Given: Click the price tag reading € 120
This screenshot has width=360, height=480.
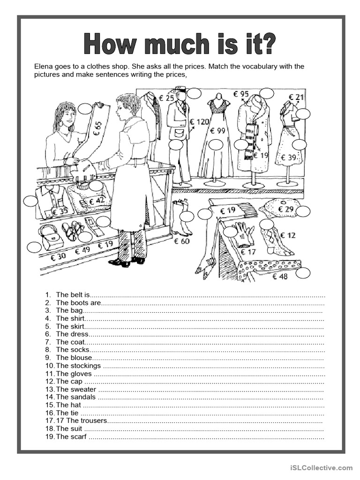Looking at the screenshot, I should click(x=199, y=122).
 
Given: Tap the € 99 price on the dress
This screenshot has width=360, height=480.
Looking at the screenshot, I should click(x=218, y=131).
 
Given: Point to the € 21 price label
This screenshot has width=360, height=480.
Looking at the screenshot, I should click(x=296, y=97).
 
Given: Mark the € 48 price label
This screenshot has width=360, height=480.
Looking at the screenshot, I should click(x=280, y=277).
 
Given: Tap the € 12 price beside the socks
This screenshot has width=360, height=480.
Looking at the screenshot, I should click(x=288, y=235).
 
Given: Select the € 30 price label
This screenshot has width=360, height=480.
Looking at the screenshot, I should click(x=59, y=256).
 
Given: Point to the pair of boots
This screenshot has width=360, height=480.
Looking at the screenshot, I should click(x=180, y=218).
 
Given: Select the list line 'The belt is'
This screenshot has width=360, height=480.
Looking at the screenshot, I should click(x=72, y=295).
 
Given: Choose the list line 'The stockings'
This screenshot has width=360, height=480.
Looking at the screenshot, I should click(x=78, y=366).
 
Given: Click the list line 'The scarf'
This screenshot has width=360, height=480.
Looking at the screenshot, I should click(x=71, y=437).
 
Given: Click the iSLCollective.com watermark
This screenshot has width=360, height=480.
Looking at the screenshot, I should click(x=321, y=467).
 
